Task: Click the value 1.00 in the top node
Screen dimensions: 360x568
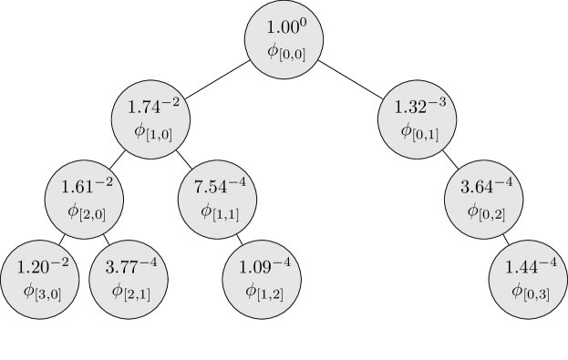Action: (282, 28)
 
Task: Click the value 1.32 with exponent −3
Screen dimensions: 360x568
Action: (417, 108)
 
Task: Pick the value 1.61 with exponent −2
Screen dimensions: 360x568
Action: (84, 188)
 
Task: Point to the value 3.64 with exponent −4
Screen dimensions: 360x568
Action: (483, 188)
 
